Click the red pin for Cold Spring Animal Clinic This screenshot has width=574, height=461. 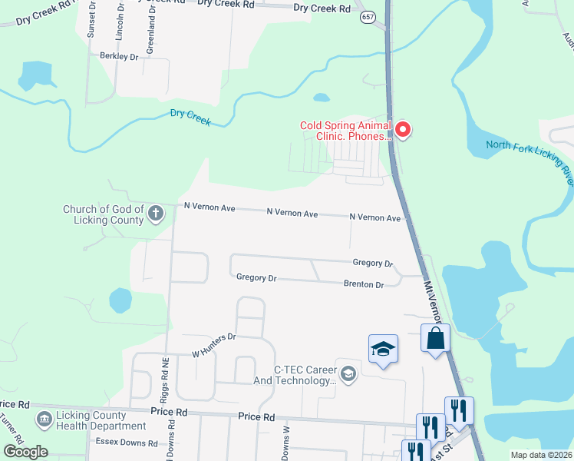402,131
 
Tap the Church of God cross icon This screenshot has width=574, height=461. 156,213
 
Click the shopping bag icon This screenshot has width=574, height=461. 435,339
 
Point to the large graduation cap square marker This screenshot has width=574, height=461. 384,350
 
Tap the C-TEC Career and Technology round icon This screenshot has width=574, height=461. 348,374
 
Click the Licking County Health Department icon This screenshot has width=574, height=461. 44,420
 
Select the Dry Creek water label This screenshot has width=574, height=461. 190,114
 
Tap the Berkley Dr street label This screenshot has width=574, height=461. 119,56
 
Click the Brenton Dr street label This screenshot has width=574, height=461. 364,284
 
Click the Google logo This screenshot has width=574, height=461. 25,452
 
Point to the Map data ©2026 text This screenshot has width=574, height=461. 542,455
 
